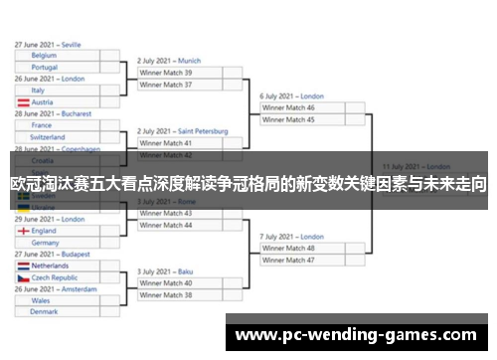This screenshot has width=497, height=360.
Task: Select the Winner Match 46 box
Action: click(x=308, y=107)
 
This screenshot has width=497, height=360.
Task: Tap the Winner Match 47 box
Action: click(x=308, y=260)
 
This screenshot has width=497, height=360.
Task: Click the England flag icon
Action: click(x=23, y=231)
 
